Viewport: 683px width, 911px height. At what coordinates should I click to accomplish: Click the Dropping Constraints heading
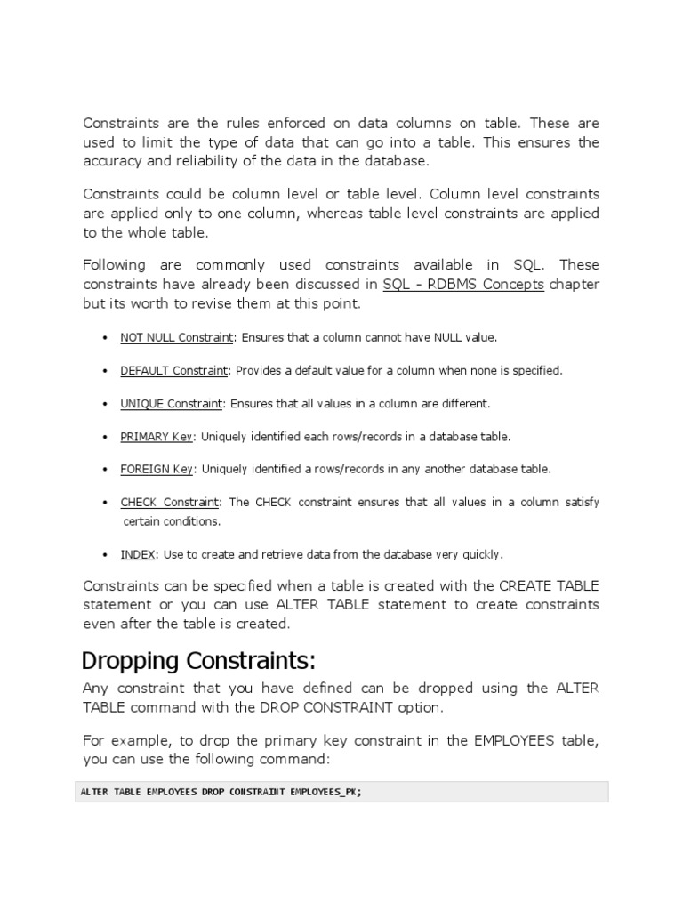pos(199,662)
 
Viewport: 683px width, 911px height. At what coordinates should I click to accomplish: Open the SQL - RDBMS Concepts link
pos(463,284)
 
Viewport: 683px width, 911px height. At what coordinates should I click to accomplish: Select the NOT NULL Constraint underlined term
pos(177,338)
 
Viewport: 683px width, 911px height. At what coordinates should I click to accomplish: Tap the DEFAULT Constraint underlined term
pos(174,371)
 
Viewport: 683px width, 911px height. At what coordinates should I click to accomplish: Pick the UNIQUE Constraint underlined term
pos(172,404)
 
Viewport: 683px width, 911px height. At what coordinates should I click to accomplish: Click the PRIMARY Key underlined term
pos(157,437)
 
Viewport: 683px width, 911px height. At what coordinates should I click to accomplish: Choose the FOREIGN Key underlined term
pos(157,469)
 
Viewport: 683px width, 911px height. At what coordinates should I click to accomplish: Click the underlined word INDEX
pos(138,554)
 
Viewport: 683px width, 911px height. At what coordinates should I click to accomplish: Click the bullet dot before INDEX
pos(105,554)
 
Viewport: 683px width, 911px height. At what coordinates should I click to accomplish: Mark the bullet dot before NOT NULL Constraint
pos(105,339)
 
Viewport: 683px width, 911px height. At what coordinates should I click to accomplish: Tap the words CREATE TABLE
pos(549,585)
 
